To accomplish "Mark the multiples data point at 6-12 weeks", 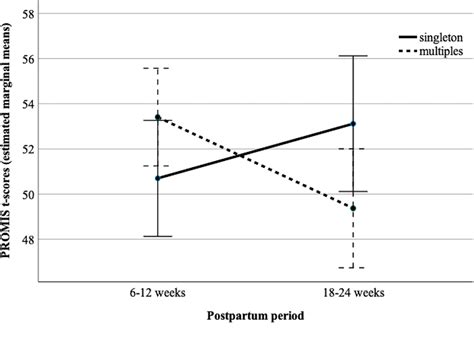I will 157,117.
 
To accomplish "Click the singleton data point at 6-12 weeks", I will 157,178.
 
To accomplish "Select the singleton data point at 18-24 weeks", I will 352,124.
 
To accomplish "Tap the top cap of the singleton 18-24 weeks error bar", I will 352,56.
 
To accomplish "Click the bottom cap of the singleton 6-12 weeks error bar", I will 157,236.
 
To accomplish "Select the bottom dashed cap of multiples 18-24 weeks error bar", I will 352,268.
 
